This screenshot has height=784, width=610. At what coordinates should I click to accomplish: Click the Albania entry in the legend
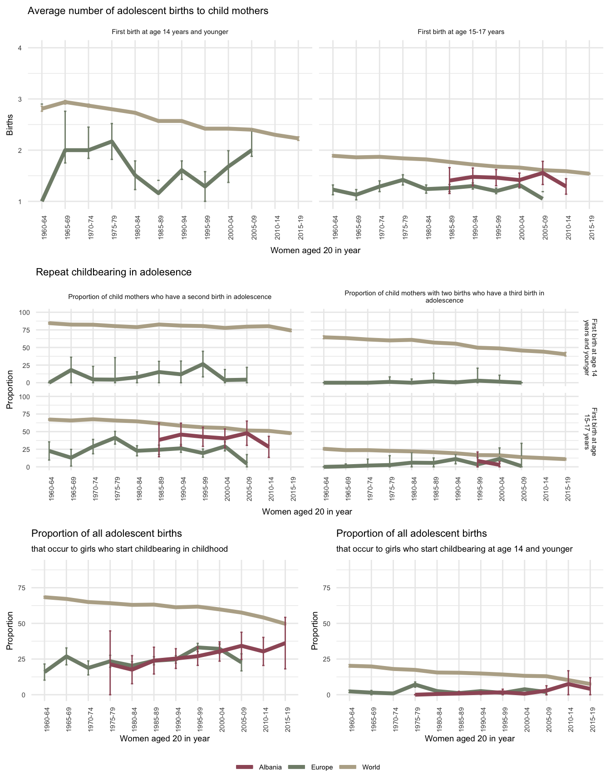click(270, 767)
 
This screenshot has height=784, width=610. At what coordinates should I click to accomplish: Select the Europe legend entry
click(322, 767)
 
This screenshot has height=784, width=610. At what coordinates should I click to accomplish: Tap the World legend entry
click(371, 767)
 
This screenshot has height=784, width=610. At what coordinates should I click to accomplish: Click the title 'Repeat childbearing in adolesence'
click(113, 272)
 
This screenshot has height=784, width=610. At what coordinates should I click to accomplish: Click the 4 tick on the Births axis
click(20, 48)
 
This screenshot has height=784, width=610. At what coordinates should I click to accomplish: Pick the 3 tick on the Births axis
click(20, 99)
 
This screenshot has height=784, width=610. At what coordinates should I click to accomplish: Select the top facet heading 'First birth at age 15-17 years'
click(461, 32)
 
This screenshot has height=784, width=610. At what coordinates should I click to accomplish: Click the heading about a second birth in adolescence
click(170, 297)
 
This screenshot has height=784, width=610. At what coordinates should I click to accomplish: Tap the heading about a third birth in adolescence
click(444, 297)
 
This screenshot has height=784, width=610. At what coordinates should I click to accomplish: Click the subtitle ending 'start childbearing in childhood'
click(129, 549)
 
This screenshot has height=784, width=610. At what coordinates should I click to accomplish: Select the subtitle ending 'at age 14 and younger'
click(454, 549)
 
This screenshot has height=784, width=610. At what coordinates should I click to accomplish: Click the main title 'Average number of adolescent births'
click(148, 11)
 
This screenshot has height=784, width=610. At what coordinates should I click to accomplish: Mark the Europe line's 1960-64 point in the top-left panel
click(42, 200)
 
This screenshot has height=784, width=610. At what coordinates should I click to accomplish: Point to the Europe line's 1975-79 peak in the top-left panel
click(112, 141)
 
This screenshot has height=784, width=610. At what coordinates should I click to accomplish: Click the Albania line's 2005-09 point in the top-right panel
click(543, 173)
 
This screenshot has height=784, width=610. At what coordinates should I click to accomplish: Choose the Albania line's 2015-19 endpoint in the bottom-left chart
click(285, 643)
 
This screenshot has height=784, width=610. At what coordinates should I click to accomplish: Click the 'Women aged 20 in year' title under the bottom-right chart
click(470, 739)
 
